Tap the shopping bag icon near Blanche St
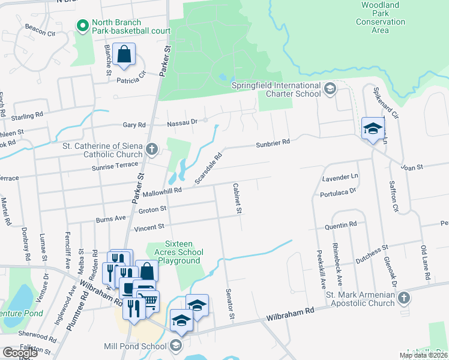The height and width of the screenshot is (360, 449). click(123, 55)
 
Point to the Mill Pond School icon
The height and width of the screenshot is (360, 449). click(175, 346)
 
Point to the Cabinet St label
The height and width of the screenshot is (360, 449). click(237, 199)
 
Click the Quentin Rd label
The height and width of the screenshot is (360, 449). click(341, 224)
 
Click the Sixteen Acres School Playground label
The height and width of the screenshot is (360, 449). click(174, 252)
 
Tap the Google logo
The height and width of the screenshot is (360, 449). click(19, 353)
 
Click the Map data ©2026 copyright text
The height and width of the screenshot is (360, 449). click(423, 355)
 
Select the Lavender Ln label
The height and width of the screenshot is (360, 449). click(340, 178)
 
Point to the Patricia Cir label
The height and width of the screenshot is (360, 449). click(131, 79)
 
